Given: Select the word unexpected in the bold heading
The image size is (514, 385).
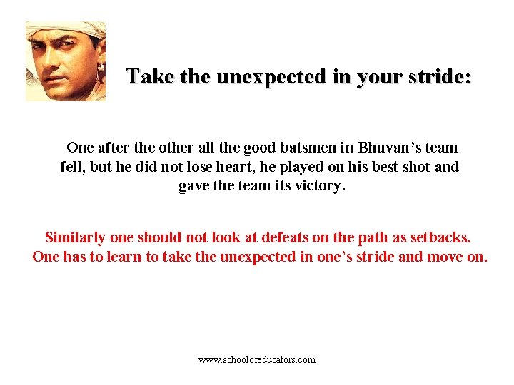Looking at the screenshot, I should click(x=272, y=76).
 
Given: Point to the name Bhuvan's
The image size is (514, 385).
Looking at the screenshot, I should click(x=390, y=148).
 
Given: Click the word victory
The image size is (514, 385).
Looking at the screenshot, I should click(x=320, y=186).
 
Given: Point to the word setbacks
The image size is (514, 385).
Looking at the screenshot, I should click(x=436, y=237).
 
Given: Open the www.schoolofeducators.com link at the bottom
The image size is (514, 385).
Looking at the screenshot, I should click(x=257, y=360).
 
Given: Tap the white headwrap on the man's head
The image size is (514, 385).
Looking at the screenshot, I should click(x=71, y=31).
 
